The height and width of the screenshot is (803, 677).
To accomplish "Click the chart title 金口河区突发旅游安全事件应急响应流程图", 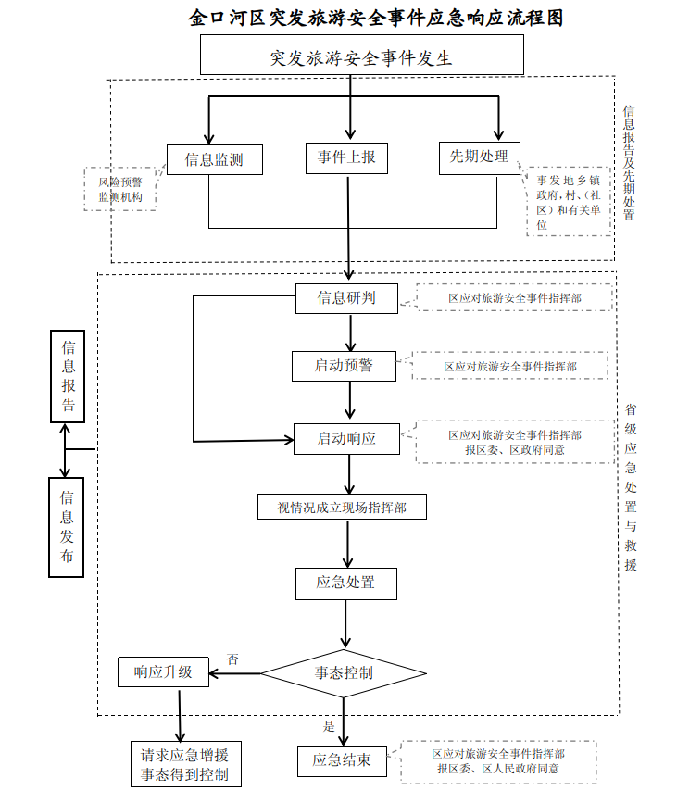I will tap(375, 17).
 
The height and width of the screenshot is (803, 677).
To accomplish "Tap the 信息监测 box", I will tap(215, 159).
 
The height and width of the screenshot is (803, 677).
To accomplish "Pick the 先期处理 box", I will tap(479, 157).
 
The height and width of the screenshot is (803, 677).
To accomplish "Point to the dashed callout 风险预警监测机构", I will tap(120, 189).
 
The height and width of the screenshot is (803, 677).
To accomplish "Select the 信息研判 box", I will tap(346, 297).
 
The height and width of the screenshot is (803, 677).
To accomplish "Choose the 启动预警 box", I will tap(344, 366).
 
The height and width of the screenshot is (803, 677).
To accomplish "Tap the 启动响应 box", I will tap(346, 438).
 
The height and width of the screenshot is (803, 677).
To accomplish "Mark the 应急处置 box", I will tap(345, 583).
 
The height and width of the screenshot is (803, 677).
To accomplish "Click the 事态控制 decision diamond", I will tap(345, 673).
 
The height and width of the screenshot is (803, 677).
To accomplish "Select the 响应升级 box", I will tap(163, 671).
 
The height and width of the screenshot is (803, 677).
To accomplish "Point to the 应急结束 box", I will tap(342, 760).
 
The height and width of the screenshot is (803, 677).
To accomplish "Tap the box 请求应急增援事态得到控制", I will tap(185, 764).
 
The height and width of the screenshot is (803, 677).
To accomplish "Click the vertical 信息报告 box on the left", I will tap(68, 377).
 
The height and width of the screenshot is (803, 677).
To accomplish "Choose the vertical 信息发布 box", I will tap(67, 527).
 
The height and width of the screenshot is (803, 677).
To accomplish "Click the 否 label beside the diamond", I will tap(232, 660).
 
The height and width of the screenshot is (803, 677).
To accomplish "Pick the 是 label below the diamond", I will tap(329, 726).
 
